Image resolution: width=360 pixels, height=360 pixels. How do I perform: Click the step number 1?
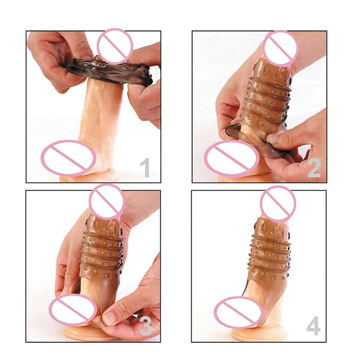[x=145, y=167]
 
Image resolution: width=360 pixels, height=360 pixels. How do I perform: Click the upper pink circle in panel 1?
[x=115, y=46]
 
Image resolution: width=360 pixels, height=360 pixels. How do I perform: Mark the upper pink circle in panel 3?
[x=107, y=202]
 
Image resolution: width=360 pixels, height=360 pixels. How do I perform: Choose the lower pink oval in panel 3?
[x=73, y=309]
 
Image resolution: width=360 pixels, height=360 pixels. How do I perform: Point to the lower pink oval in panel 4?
[x=239, y=312]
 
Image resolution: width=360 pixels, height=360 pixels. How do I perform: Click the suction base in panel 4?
[x=260, y=335]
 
